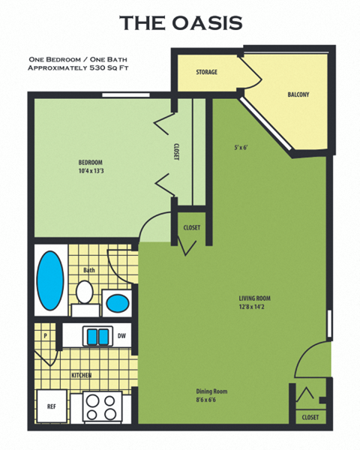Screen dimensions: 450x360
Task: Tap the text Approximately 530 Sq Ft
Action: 76,67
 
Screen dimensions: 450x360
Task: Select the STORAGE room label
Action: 206,72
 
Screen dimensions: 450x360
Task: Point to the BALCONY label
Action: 298,94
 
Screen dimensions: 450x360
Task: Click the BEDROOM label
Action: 90,162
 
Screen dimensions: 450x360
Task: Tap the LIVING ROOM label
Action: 254,298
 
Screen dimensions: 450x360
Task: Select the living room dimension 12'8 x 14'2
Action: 254,306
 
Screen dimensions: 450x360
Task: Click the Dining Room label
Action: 211,391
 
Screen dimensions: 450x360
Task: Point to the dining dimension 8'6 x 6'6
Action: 211,400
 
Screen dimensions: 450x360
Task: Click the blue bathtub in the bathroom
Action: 49,280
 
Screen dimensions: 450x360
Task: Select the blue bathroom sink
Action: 116,304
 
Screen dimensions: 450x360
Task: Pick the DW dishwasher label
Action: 121,337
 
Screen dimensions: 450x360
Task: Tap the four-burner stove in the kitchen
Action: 101,407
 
